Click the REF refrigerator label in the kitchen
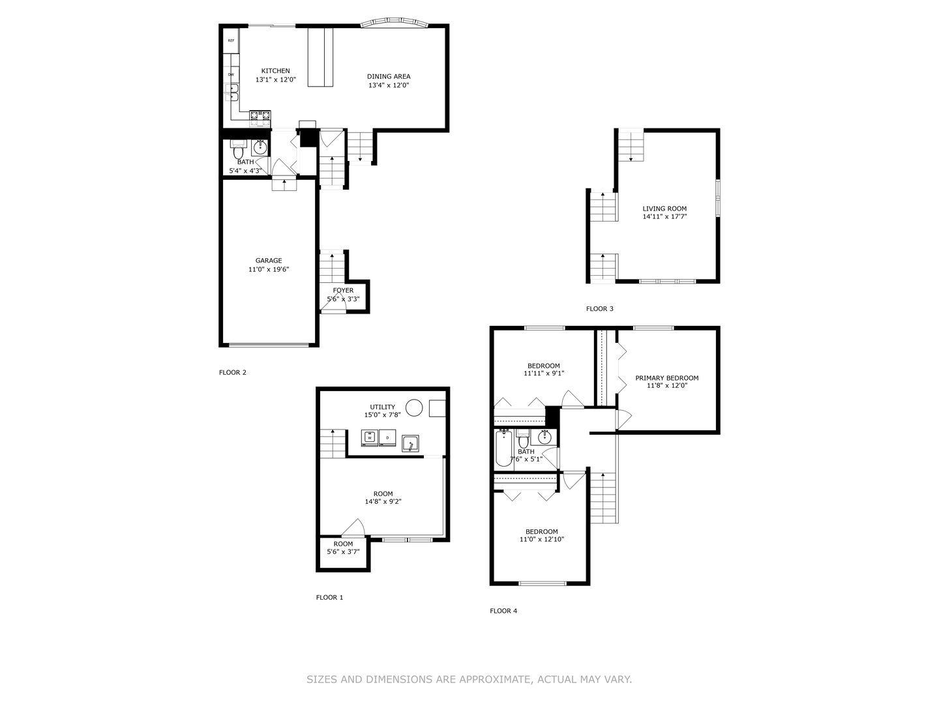[231, 40]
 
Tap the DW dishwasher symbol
[231, 74]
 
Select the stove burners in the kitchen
[260, 117]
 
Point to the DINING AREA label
[389, 76]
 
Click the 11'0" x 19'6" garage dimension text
[269, 269]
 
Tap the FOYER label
[343, 291]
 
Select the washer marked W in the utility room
[370, 438]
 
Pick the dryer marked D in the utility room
[388, 438]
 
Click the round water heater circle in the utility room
[414, 408]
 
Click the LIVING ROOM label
[664, 209]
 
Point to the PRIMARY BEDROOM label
[666, 378]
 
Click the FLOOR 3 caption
[599, 309]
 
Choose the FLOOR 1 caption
[329, 597]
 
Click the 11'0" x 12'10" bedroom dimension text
[542, 540]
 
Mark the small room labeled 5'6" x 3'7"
[343, 552]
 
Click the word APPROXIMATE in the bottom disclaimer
[486, 679]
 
